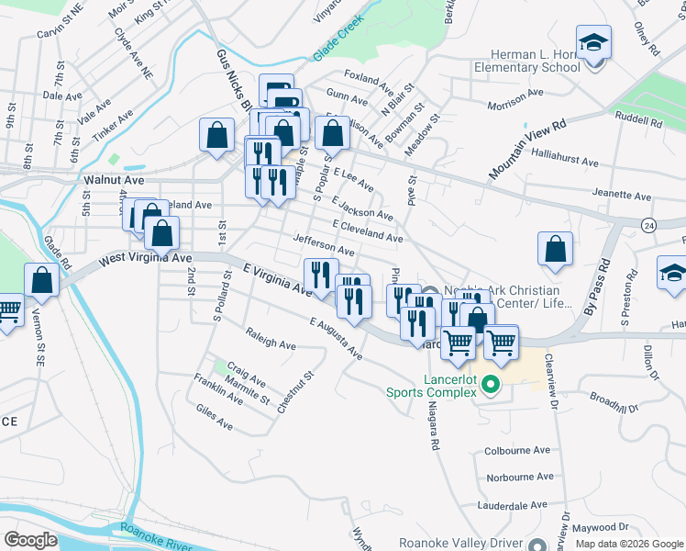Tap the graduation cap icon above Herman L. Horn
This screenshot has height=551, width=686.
(593, 43)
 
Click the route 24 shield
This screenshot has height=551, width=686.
(648, 223)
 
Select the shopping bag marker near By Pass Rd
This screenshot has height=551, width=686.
(556, 250)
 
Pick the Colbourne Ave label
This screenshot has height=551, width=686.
(518, 451)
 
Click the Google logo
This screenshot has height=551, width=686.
(31, 539)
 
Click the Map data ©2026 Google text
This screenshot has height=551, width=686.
(629, 543)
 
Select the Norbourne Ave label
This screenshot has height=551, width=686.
(520, 478)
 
